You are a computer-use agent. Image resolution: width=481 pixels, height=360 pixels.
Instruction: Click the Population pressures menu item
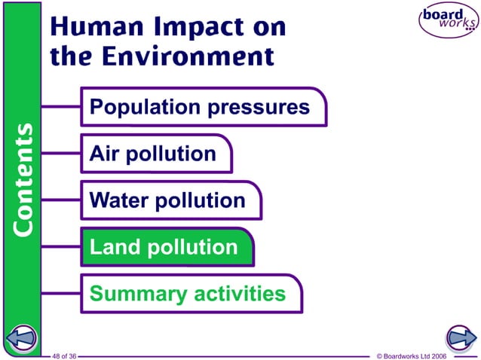[200, 107]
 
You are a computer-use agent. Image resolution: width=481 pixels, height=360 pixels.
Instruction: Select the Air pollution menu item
[153, 154]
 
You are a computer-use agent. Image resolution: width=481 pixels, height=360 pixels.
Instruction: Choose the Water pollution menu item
[167, 201]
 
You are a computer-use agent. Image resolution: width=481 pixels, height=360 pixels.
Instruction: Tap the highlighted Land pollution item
[164, 247]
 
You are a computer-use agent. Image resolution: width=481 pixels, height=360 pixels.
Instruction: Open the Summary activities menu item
[188, 294]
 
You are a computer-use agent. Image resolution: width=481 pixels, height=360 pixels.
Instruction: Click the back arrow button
[22, 337]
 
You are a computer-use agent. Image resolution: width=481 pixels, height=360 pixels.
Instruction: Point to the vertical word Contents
[23, 179]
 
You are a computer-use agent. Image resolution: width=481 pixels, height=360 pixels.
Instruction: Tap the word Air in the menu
[103, 154]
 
